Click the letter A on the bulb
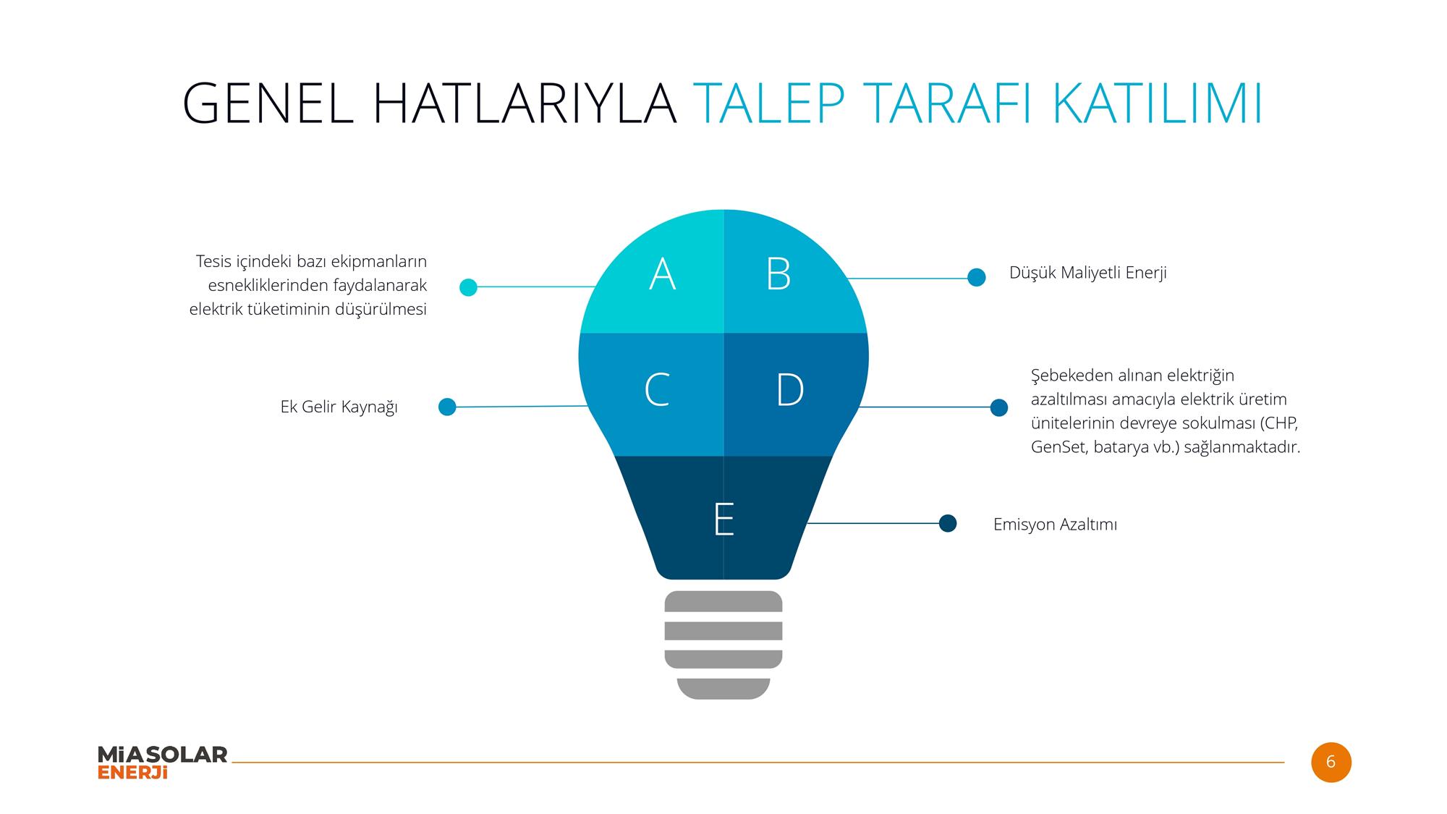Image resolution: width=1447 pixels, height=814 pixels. click(663, 274)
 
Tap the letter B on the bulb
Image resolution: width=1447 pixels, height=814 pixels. click(778, 274)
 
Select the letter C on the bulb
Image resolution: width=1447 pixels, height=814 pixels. click(657, 390)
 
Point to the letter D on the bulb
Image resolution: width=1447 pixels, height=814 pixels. click(790, 390)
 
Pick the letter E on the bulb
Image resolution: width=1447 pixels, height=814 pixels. click(723, 519)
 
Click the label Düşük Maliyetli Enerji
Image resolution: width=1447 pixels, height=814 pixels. click(1088, 274)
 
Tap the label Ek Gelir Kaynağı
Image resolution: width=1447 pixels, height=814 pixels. click(339, 407)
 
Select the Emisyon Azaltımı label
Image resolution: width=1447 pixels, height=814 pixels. click(1055, 525)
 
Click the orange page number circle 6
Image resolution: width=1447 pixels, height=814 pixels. click(1331, 762)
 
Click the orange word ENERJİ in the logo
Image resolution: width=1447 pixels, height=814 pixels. click(132, 773)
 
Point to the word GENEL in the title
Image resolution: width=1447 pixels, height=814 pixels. click(268, 104)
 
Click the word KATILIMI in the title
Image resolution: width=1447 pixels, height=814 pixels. click(1158, 104)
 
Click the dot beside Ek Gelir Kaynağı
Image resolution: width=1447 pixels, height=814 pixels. click(447, 407)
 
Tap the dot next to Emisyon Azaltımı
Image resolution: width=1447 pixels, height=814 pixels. click(948, 523)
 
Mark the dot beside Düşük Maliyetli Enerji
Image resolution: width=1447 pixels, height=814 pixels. click(977, 277)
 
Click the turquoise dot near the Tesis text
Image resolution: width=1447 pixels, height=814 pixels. click(468, 287)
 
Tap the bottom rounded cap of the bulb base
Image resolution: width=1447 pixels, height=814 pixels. click(723, 689)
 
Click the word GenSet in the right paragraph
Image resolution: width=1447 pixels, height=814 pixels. click(1059, 447)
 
